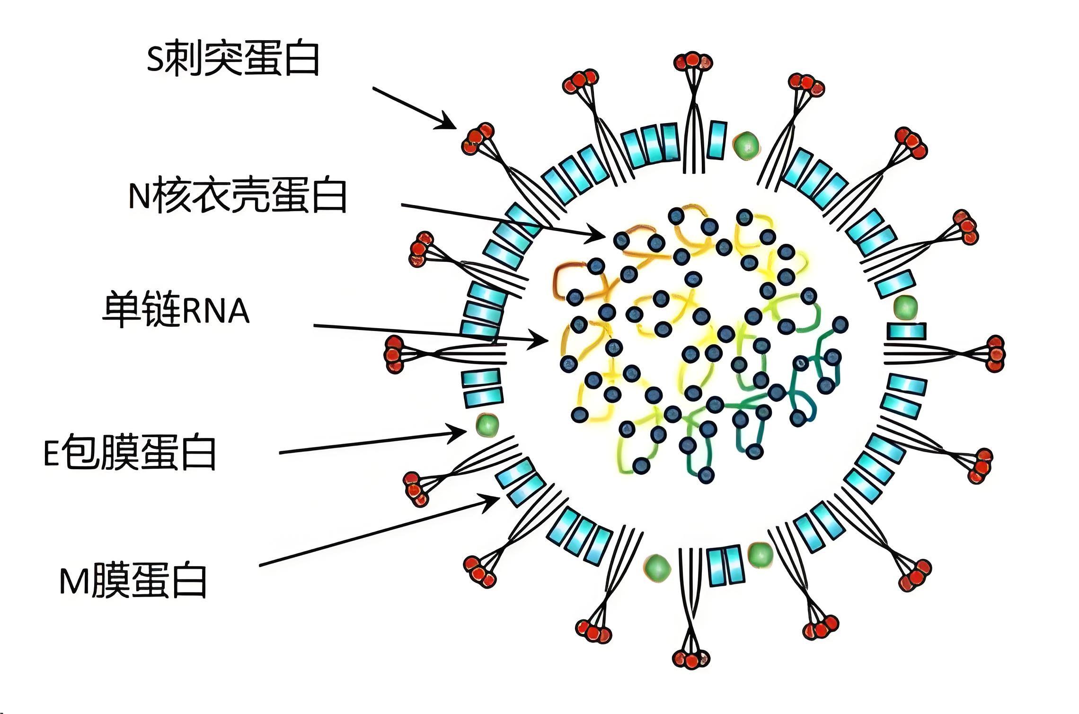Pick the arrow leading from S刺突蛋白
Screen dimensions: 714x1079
coord(414,107)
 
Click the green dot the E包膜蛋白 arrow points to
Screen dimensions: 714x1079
coord(487,424)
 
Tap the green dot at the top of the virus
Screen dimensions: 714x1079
coord(746,144)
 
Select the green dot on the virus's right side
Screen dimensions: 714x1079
coord(905,307)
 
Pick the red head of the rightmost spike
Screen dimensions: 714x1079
coord(995,354)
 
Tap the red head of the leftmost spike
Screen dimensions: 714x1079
coord(394,354)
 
